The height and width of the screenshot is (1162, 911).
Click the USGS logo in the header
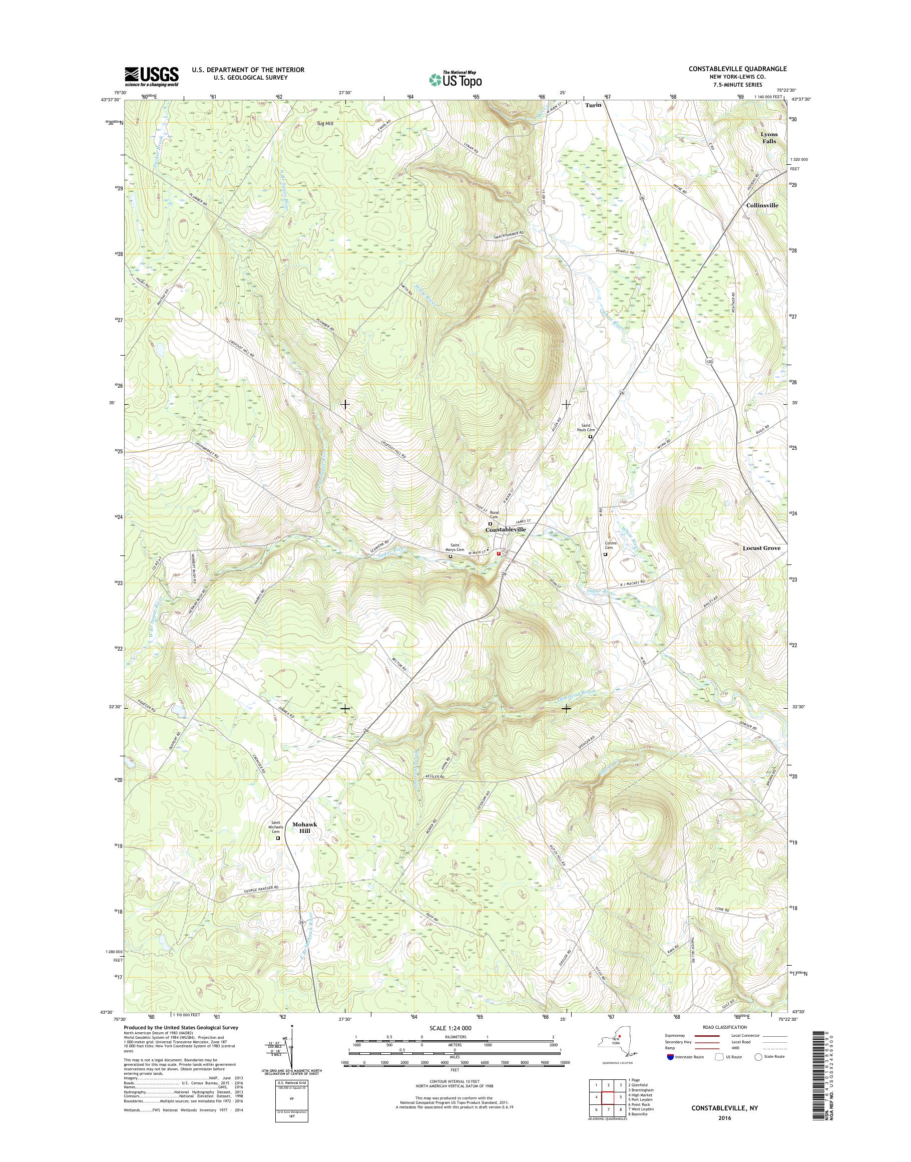pyautogui.click(x=152, y=77)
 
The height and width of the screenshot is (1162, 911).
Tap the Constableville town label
pyautogui.click(x=505, y=529)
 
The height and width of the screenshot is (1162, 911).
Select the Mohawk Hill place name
pyautogui.click(x=304, y=827)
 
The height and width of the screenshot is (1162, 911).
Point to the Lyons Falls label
pyautogui.click(x=769, y=138)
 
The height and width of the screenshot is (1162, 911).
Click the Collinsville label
pyautogui.click(x=762, y=205)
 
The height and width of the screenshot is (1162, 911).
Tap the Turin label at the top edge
pyautogui.click(x=593, y=105)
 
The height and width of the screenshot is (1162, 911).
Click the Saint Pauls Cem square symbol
pyautogui.click(x=590, y=437)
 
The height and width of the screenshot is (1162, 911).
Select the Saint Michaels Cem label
pyautogui.click(x=276, y=827)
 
